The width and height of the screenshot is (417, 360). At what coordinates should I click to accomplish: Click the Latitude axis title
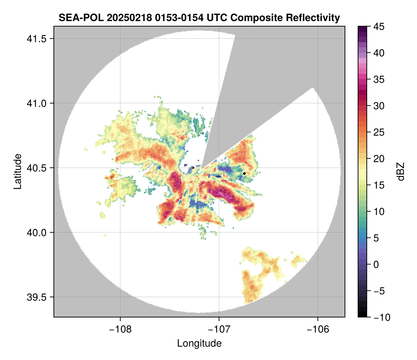click(17, 171)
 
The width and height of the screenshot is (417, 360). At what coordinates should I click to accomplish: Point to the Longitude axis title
click(199, 343)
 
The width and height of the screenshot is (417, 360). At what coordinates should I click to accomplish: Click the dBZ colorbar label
click(401, 171)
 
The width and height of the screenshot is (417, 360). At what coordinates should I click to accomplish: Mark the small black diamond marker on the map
click(245, 173)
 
